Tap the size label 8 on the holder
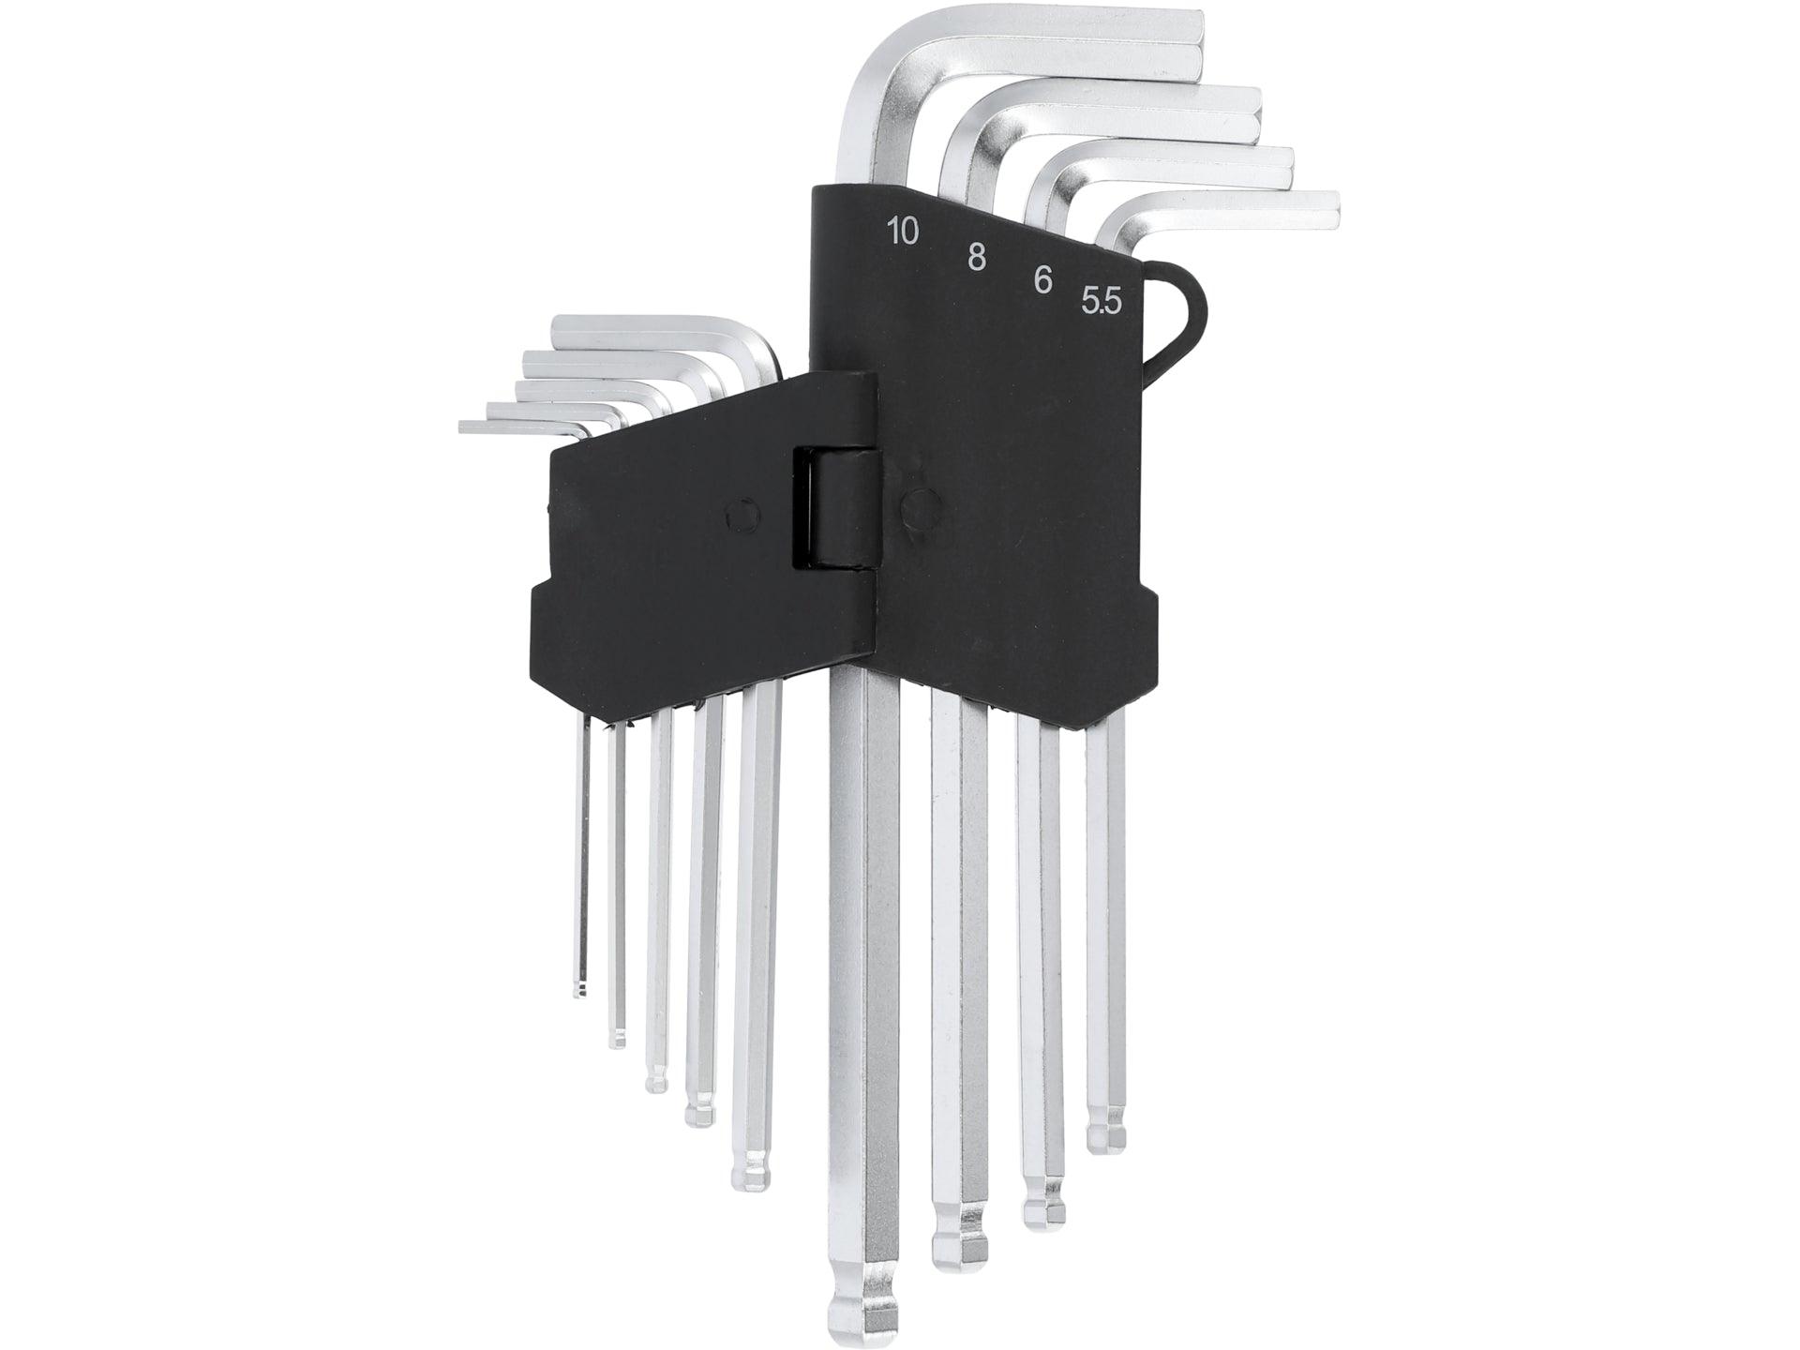(976, 257)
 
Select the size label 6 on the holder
(1042, 280)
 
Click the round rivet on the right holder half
(920, 505)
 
